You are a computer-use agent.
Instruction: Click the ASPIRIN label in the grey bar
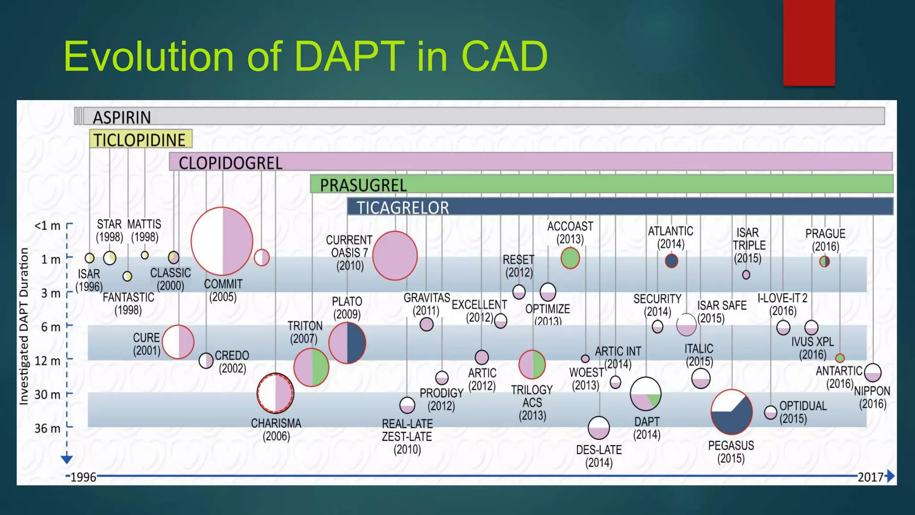(122, 117)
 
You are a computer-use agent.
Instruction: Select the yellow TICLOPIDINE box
(140, 139)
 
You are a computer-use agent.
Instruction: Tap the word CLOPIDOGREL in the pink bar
(231, 163)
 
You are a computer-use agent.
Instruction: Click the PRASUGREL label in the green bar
(363, 185)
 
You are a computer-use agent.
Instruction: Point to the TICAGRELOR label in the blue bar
(402, 207)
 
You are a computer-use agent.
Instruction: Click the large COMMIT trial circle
(222, 241)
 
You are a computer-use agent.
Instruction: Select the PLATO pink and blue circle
(347, 343)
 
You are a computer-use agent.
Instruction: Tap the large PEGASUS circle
(731, 412)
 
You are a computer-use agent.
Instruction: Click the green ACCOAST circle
(570, 258)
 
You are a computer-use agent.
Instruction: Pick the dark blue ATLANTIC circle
(671, 261)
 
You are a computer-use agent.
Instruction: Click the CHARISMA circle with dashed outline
(275, 393)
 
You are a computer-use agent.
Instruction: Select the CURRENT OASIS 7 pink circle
(395, 256)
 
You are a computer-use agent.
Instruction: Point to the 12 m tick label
(47, 361)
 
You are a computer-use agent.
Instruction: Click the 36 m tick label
(47, 428)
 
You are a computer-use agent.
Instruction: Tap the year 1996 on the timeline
(83, 477)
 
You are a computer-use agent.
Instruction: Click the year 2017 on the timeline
(870, 477)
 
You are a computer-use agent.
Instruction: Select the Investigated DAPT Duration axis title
(24, 326)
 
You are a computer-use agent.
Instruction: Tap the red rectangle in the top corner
(809, 42)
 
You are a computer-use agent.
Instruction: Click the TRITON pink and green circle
(311, 367)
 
